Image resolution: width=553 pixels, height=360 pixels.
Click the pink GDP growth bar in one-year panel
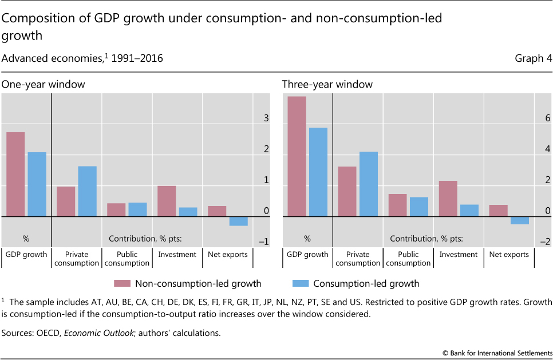click(x=15, y=175)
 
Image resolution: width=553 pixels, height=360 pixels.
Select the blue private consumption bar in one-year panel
click(x=87, y=191)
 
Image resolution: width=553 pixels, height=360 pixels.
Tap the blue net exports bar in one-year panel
click(x=239, y=221)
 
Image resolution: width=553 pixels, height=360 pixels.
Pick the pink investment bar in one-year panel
click(x=167, y=201)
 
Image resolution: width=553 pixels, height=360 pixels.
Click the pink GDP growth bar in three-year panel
click(x=297, y=156)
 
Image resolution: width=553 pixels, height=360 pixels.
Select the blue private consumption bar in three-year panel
click(x=369, y=184)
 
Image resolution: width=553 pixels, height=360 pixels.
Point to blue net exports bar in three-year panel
click(x=520, y=220)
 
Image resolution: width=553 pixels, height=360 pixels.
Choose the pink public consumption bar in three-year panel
click(x=397, y=205)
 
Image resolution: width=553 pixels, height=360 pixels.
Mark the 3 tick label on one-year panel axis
click(x=266, y=118)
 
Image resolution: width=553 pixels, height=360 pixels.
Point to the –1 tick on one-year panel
click(x=263, y=242)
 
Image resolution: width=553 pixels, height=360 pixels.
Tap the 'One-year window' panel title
click(x=43, y=84)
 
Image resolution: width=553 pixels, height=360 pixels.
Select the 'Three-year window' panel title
click(x=327, y=84)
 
